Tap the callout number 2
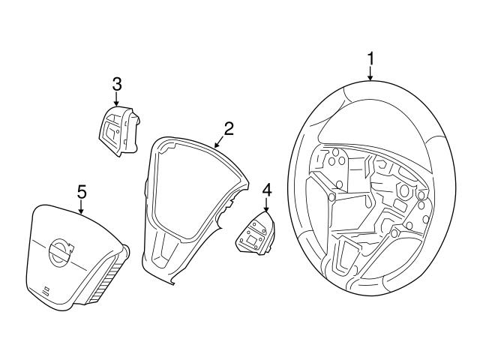pos(229,127)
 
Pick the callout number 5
pos(82,193)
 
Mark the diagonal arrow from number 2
pos(220,139)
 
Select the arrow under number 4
pos(266,205)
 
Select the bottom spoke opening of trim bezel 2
pos(167,256)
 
